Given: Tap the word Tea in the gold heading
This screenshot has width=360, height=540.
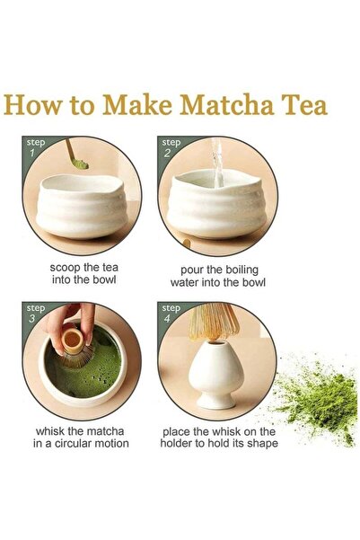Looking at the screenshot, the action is [304, 104].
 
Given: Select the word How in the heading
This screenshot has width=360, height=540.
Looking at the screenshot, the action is [31, 104].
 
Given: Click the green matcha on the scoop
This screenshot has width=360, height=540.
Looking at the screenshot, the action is [81, 164].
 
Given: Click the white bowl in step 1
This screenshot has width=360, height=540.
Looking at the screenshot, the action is [82, 206].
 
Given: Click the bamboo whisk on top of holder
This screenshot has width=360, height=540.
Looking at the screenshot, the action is [214, 322].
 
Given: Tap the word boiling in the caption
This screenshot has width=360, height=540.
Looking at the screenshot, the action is [242, 270].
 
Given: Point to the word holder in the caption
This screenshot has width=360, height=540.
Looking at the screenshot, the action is [176, 443].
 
